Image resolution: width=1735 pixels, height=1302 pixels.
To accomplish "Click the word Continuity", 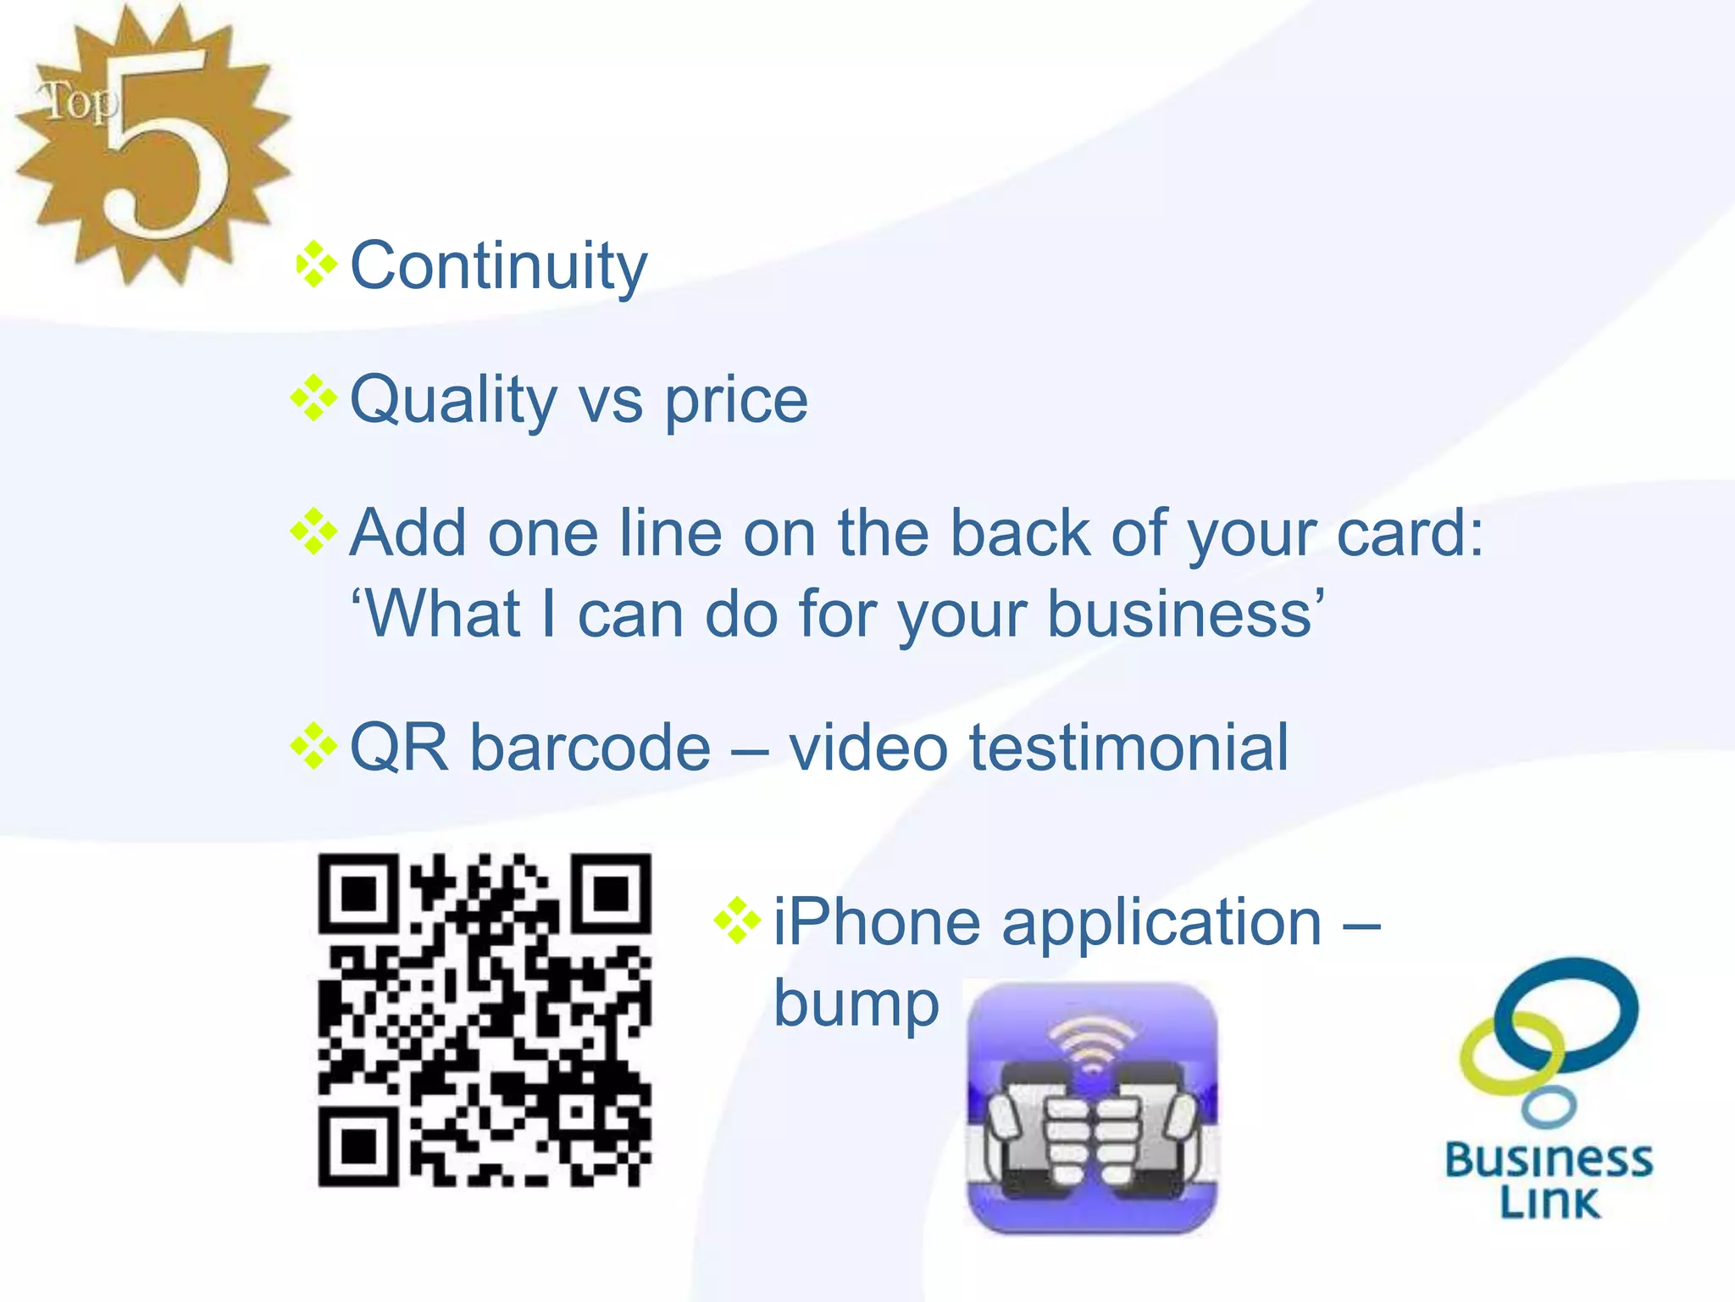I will click(x=498, y=266).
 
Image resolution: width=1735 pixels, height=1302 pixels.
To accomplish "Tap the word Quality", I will click(x=452, y=400).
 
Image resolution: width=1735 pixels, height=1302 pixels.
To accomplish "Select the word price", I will click(x=735, y=400).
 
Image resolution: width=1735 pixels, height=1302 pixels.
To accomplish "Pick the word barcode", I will click(x=590, y=748).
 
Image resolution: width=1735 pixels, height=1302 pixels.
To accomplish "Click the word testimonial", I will click(x=1128, y=748).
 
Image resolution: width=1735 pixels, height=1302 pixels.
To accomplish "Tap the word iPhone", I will click(x=877, y=922).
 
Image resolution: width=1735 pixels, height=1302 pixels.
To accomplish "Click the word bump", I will click(x=856, y=1005).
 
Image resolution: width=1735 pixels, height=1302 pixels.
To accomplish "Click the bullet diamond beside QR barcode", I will click(x=313, y=746).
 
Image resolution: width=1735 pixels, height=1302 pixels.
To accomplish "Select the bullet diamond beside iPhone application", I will click(x=737, y=921).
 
